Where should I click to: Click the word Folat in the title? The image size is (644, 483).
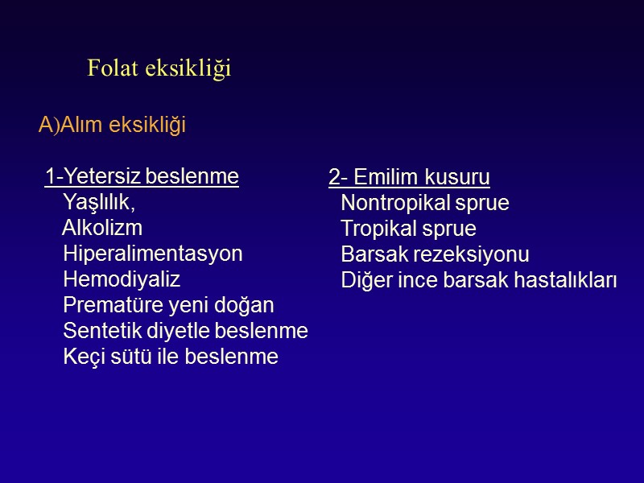pos(114,69)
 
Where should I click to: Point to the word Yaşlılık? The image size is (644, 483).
pos(98,202)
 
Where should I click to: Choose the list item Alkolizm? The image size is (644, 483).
pos(102,228)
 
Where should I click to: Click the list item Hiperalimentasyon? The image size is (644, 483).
pos(152,254)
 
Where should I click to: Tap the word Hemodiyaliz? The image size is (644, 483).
pos(122,279)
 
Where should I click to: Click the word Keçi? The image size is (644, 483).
pos(82,357)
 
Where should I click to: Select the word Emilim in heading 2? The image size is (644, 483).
pos(383,177)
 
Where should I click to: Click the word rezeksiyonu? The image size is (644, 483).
pos(479,255)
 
